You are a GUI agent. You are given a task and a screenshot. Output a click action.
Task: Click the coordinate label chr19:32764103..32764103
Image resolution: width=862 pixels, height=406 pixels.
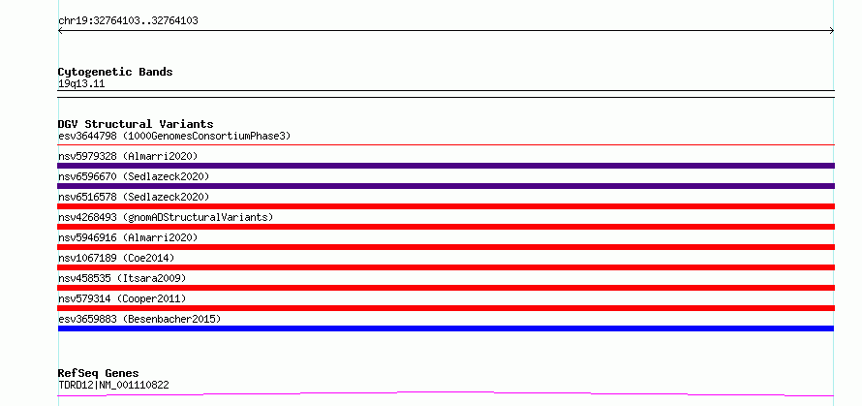(x=128, y=21)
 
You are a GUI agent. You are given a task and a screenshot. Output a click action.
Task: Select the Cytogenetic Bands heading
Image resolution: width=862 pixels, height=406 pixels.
(x=115, y=72)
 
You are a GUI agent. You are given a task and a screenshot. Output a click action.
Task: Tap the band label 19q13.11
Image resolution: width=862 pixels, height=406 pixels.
(x=81, y=84)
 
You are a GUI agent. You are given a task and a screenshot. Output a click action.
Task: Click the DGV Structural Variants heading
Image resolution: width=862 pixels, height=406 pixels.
(x=136, y=124)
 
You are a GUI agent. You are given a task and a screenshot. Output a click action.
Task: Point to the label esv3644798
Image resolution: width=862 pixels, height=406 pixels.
(x=87, y=136)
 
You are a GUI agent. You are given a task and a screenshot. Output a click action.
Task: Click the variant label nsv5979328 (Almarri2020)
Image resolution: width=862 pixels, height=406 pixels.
(x=128, y=156)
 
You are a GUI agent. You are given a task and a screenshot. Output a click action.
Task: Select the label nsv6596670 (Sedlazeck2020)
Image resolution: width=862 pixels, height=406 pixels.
(x=134, y=176)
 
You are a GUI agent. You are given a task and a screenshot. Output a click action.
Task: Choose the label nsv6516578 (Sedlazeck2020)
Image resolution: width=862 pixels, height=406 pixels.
(x=134, y=197)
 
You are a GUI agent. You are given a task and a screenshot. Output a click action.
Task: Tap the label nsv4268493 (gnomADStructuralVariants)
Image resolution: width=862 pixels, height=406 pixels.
(x=166, y=217)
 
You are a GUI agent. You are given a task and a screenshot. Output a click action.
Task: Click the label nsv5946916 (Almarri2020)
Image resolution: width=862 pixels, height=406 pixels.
(x=128, y=237)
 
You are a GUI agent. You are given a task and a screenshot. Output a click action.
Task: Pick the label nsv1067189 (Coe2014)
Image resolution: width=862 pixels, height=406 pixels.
(x=116, y=258)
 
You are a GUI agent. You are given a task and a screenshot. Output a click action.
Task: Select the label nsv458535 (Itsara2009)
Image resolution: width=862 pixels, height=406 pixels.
(x=122, y=278)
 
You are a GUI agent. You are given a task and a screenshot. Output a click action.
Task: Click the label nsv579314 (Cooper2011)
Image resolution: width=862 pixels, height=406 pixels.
(x=122, y=298)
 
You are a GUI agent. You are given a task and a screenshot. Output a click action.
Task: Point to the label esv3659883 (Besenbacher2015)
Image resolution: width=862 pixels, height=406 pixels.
(x=139, y=319)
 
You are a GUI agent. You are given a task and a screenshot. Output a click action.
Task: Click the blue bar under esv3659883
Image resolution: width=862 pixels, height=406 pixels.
(x=446, y=328)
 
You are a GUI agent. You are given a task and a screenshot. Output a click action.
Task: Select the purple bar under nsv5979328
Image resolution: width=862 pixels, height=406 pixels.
(x=446, y=166)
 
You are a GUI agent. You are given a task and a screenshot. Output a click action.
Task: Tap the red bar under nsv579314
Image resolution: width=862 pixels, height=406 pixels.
(x=446, y=308)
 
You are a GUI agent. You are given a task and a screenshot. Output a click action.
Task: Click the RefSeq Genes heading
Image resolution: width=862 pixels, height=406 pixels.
(x=98, y=374)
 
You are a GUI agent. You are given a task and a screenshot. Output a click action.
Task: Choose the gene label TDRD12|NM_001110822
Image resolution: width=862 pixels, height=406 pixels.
(x=113, y=385)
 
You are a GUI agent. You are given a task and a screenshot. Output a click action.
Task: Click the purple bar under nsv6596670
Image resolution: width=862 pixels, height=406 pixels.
(x=446, y=186)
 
